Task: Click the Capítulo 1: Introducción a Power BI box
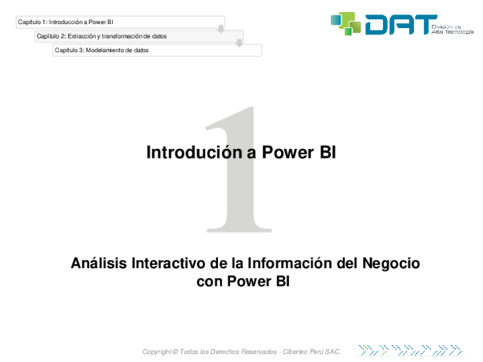click(x=121, y=22)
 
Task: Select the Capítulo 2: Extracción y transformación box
click(x=138, y=35)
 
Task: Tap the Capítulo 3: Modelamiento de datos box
click(x=157, y=50)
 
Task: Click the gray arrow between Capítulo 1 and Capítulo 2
click(x=221, y=29)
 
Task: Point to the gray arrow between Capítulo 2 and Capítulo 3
click(x=239, y=43)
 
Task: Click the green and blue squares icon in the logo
click(x=347, y=23)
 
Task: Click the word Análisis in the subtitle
click(x=98, y=264)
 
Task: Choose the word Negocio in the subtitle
click(x=390, y=264)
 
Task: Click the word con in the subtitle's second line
click(x=209, y=282)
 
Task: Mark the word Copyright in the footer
click(x=156, y=352)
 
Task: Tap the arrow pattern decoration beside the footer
click(x=411, y=350)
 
